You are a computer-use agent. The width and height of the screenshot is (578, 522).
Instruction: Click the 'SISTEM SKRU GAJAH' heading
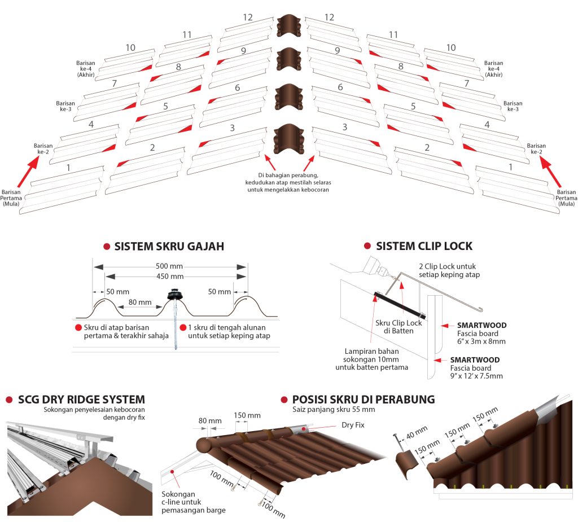click(169, 246)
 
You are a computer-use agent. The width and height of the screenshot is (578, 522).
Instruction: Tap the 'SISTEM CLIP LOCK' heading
click(424, 246)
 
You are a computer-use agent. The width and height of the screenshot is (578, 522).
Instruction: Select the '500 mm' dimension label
click(169, 266)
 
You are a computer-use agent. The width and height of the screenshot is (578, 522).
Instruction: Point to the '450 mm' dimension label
click(169, 277)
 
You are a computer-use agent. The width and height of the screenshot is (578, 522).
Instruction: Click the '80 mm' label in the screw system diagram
click(140, 302)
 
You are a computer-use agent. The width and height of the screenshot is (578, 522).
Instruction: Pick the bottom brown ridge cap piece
click(289, 139)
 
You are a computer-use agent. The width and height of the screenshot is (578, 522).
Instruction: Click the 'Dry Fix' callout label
click(353, 425)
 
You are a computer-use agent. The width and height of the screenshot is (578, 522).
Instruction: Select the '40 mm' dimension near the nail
click(417, 432)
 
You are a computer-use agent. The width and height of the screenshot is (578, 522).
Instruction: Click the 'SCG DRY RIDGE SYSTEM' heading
click(81, 400)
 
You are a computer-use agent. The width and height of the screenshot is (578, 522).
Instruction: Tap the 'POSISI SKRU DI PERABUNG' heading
click(364, 400)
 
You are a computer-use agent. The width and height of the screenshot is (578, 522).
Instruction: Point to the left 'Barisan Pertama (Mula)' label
click(11, 198)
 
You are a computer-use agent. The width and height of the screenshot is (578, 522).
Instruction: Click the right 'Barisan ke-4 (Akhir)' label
click(493, 69)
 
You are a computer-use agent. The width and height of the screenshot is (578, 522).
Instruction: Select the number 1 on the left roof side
click(68, 168)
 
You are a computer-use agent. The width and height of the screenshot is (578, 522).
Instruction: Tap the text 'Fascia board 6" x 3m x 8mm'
click(481, 337)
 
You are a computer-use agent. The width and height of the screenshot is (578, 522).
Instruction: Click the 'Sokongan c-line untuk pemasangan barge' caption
click(194, 502)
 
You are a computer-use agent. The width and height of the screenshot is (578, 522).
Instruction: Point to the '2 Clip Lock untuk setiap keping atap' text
click(449, 270)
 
